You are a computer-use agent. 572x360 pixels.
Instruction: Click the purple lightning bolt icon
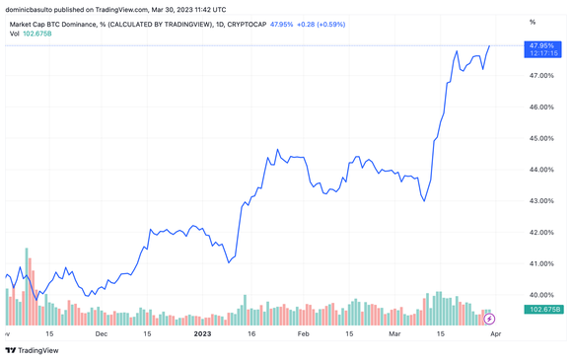point(490,318)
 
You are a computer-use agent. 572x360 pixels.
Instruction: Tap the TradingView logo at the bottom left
point(32,349)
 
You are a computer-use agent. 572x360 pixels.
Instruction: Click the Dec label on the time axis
point(102,334)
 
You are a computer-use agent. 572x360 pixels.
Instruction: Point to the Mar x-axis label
point(397,334)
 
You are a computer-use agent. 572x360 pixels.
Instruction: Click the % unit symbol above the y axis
point(533,21)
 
